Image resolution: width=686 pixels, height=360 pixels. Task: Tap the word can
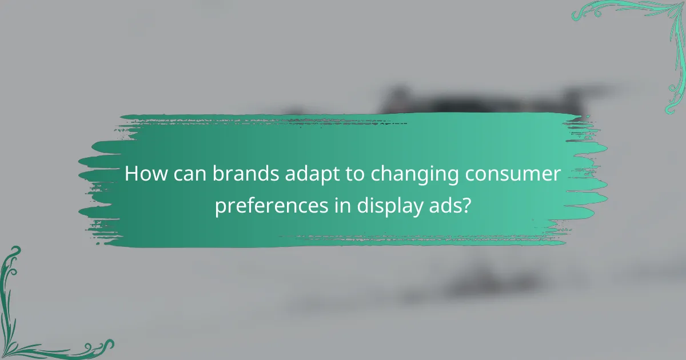point(192,175)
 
